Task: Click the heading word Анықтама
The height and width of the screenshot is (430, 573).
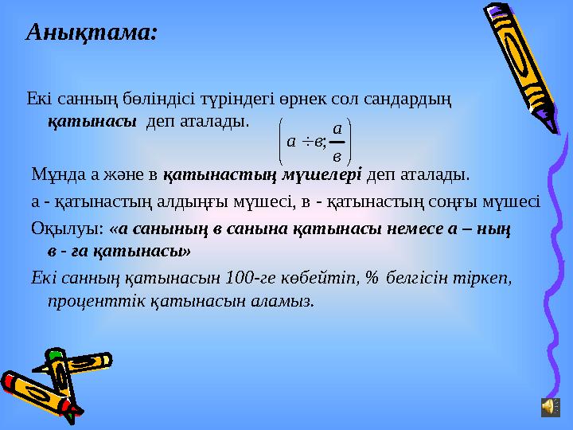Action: (92, 33)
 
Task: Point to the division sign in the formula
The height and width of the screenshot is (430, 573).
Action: (306, 142)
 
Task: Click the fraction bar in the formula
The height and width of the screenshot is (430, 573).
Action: (337, 142)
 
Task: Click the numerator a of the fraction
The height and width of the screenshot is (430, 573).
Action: (337, 128)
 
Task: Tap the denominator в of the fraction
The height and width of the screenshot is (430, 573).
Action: (337, 155)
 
